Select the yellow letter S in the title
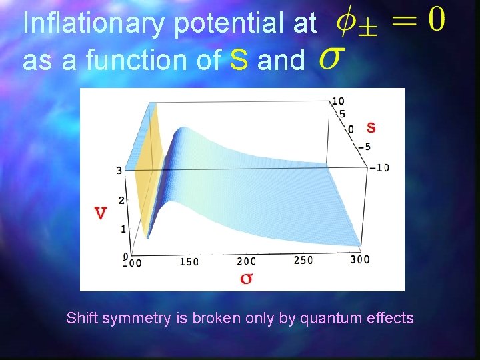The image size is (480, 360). [239, 60]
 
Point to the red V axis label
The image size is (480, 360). [101, 213]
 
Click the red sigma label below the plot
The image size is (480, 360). [245, 277]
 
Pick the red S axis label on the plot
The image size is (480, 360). [371, 127]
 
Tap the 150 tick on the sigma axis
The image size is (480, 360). [189, 262]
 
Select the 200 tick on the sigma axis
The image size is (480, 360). [246, 261]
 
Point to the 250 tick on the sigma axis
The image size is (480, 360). [303, 260]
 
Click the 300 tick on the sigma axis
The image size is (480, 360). [360, 259]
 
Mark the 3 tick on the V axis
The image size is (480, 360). [119, 171]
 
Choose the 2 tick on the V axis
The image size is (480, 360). [121, 201]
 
